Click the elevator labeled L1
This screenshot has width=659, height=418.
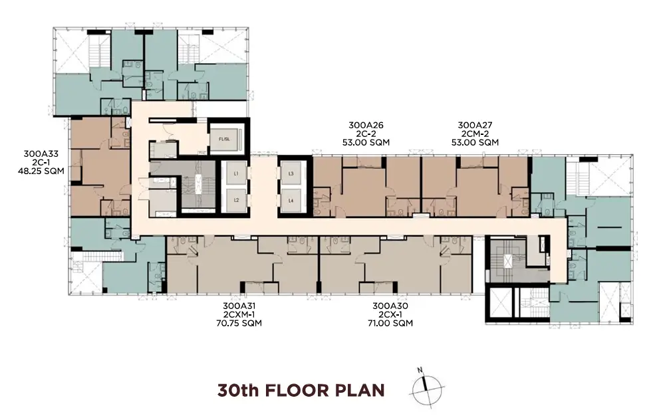pos(236,173)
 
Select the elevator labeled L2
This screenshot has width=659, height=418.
pos(236,200)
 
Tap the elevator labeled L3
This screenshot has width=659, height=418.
pos(291,173)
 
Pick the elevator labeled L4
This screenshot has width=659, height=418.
pos(291,201)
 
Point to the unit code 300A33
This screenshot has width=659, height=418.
pos(41,154)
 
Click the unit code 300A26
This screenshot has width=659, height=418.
pos(366,125)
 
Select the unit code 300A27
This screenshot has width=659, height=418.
pos(475,125)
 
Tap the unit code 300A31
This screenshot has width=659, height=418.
pos(239,306)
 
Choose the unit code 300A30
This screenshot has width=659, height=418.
pos(390,306)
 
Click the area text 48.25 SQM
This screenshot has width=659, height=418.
pos(41,171)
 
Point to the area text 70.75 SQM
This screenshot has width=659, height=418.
pos(239,323)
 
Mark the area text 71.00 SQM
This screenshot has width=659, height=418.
pos(390,323)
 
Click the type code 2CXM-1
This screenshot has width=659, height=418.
pos(239,314)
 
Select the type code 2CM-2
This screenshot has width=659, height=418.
pos(475,134)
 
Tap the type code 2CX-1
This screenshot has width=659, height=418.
pos(390,314)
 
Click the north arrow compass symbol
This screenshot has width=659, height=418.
pos(426,389)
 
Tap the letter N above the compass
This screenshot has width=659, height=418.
pos(420,370)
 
